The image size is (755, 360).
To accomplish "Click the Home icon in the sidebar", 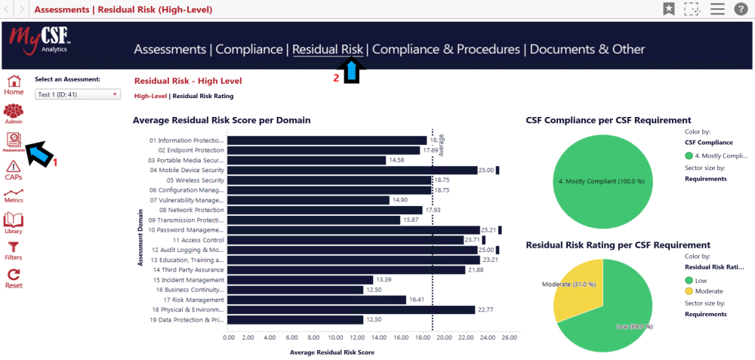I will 14,84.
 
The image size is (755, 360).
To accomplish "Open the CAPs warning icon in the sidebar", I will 14,169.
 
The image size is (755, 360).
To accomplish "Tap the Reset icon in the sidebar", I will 14,278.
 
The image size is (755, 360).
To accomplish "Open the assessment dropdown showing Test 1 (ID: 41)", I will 78,94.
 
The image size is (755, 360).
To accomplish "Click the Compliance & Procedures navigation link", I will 445,49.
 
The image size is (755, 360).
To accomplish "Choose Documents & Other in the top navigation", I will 587,49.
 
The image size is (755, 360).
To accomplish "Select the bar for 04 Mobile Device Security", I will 352,171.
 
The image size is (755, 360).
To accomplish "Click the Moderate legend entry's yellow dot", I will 689,291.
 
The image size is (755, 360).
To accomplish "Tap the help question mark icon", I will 740,9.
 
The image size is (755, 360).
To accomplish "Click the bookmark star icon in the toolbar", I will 669,9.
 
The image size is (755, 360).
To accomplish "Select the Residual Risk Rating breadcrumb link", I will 203,96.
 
